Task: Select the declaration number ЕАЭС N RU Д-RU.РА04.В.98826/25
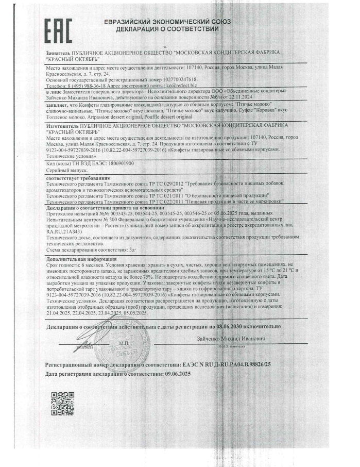click(220, 364)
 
